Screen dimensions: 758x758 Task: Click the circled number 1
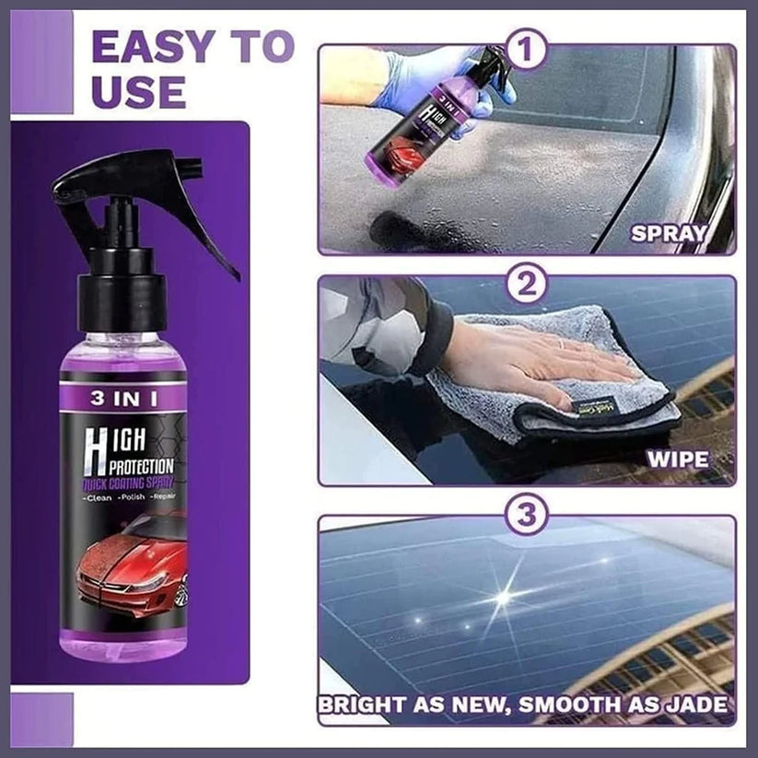tap(526, 50)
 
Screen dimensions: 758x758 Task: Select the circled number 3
tap(526, 513)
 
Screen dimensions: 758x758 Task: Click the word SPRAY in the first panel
tap(669, 234)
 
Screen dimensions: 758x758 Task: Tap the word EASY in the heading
tap(151, 47)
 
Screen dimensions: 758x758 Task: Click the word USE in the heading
tap(139, 92)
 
